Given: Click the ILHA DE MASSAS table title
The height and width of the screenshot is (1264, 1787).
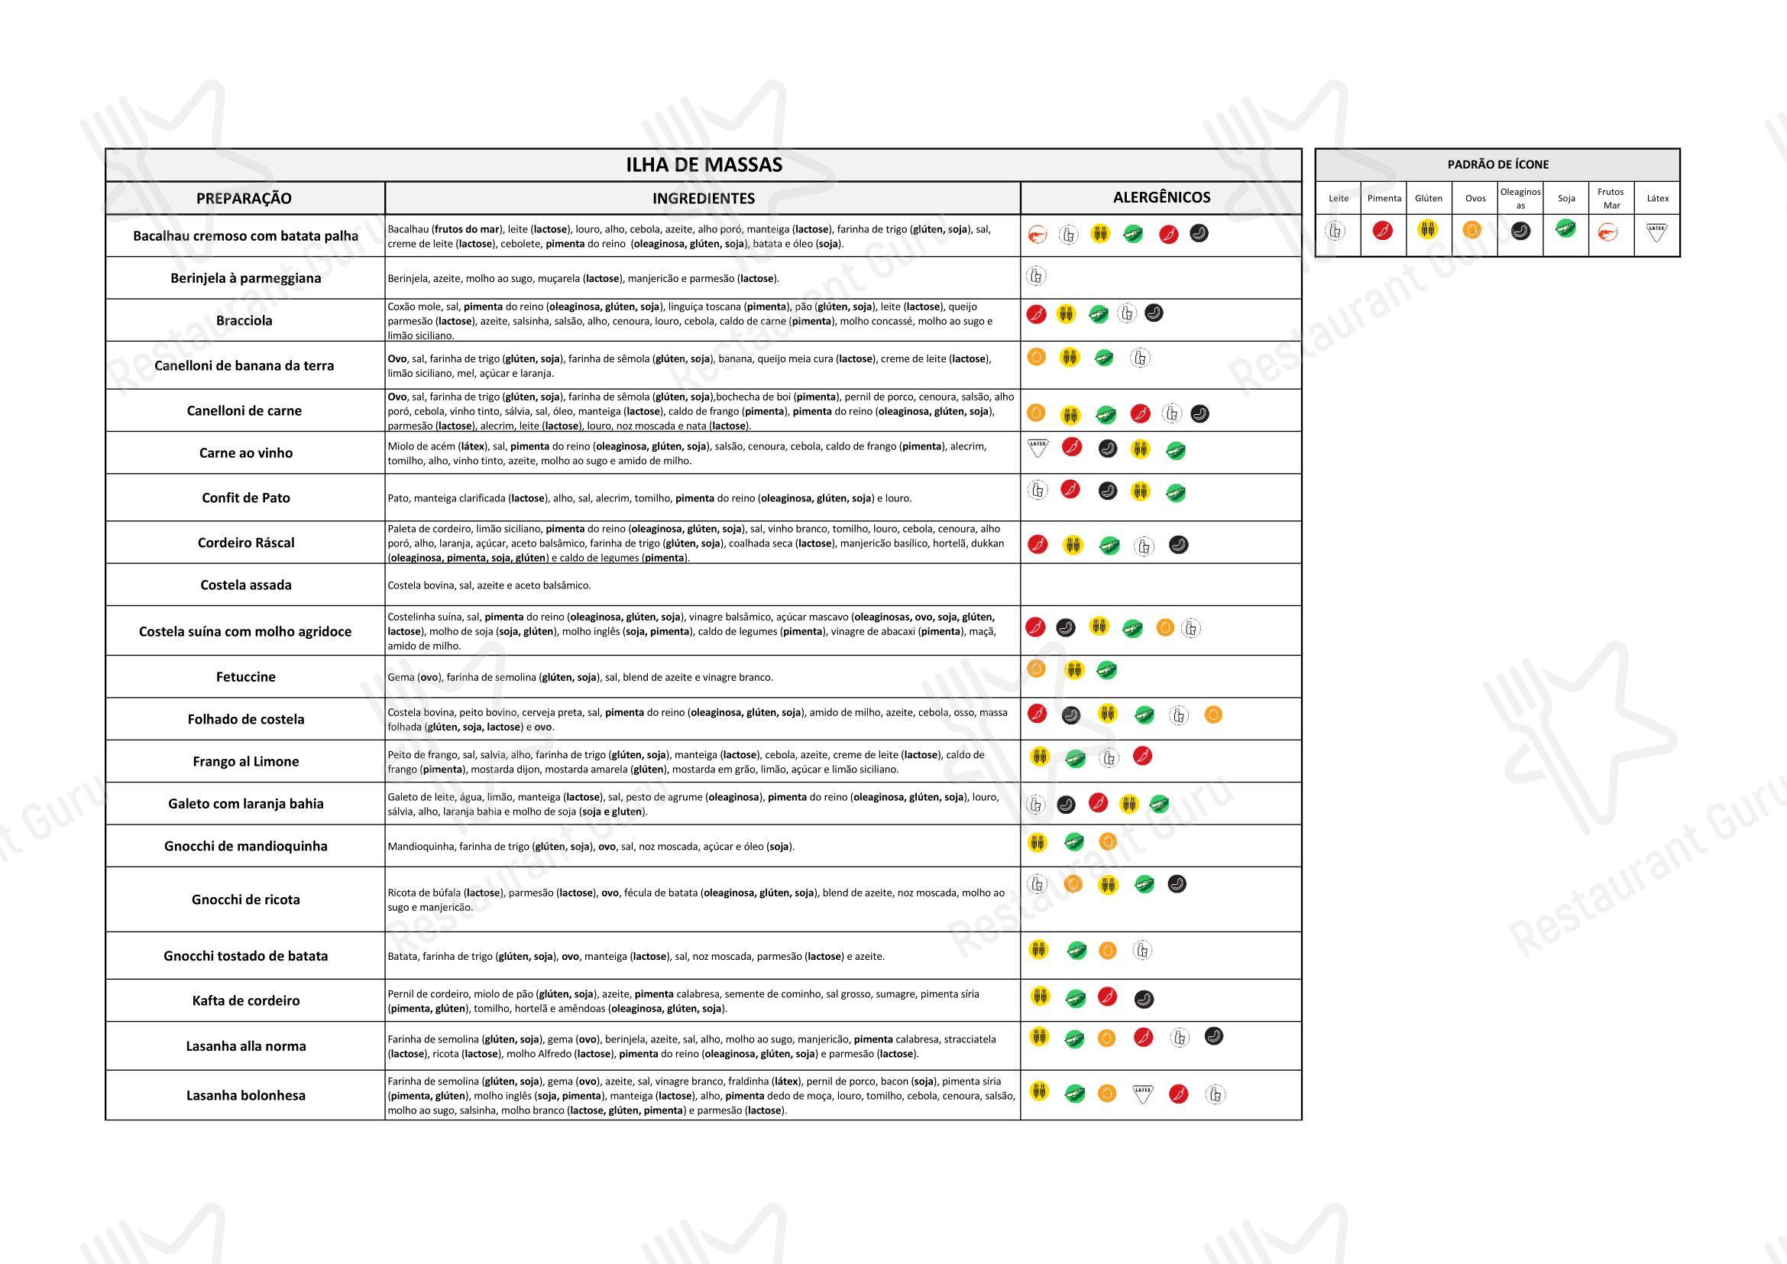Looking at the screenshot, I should [704, 165].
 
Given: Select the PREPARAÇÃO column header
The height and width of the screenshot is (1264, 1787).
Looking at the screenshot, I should [244, 199].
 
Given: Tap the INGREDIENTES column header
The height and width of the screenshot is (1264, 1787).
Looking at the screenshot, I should [703, 199].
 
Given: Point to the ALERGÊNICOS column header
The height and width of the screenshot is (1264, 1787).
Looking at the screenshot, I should [1161, 198].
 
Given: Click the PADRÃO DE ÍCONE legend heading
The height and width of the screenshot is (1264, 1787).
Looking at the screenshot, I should [1497, 165].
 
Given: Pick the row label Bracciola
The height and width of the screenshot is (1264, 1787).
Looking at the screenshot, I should [244, 321].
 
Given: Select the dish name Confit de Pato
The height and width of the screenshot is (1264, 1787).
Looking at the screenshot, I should [246, 498].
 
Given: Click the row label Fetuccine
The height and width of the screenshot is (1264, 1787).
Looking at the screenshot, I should [246, 677].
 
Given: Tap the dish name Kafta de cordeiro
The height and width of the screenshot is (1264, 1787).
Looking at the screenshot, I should [246, 1001].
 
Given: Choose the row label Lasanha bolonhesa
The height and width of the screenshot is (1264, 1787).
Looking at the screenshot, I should [246, 1096].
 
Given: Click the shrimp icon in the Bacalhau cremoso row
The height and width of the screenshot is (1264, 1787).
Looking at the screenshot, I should [1037, 235].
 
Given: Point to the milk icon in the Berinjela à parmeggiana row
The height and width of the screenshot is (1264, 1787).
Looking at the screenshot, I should [1036, 276].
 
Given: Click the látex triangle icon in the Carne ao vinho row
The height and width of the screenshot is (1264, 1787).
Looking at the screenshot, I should [1038, 448].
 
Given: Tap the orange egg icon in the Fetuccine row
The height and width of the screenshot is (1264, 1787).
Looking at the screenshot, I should [1036, 669].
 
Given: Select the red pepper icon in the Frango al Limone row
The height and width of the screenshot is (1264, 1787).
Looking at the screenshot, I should [1141, 756].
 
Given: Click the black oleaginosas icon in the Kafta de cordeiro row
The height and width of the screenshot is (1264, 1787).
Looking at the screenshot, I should [1144, 1000].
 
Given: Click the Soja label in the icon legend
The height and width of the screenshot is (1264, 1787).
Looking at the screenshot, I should [1566, 199].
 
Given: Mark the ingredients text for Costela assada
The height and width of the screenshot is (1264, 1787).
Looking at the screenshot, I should [490, 585].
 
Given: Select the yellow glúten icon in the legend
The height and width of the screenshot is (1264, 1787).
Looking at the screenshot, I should [1428, 229].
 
